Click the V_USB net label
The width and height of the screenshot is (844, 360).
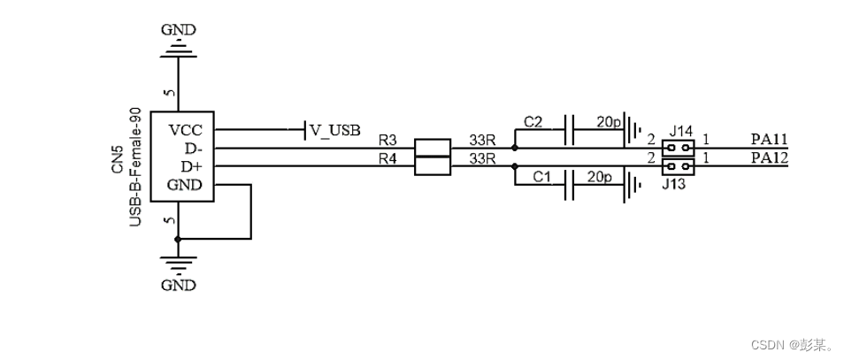coord(334,131)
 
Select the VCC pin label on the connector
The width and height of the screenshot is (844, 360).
coord(187,130)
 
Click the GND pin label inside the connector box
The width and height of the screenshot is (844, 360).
coord(186,185)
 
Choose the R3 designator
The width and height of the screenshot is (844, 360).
coord(387,141)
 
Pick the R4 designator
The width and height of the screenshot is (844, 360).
coord(387,159)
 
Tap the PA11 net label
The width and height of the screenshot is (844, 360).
coord(769,140)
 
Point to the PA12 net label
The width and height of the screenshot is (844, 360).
coord(769,158)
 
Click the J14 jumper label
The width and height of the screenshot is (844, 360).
coord(680,129)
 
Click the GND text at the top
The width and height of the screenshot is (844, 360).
coord(179,30)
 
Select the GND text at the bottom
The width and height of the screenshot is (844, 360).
coord(179,285)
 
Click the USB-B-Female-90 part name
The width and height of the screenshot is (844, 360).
coord(135,167)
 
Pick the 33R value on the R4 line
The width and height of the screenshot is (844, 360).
coord(481,159)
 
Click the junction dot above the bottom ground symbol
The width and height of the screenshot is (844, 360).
coord(178,239)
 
